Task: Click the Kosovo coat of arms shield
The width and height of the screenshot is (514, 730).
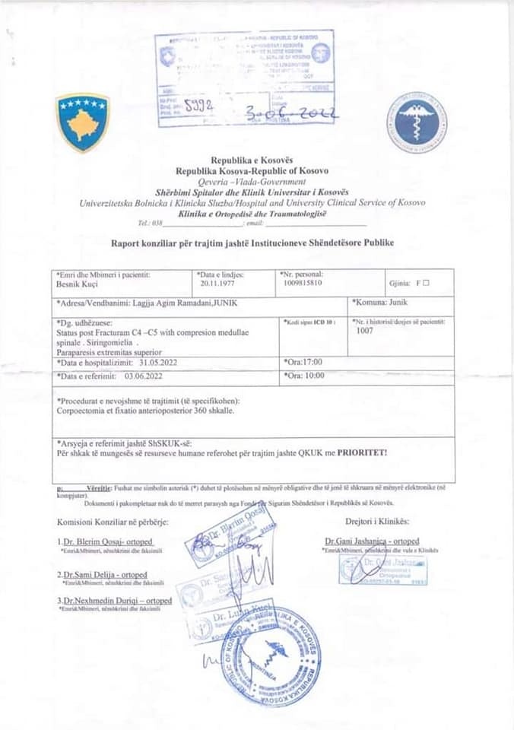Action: [x=83, y=122]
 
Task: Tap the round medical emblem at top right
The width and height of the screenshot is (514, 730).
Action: [x=417, y=122]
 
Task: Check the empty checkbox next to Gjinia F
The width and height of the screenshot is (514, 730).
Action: [x=426, y=283]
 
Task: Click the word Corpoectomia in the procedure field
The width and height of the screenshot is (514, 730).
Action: [x=82, y=410]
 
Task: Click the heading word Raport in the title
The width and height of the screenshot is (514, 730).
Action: [x=128, y=243]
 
